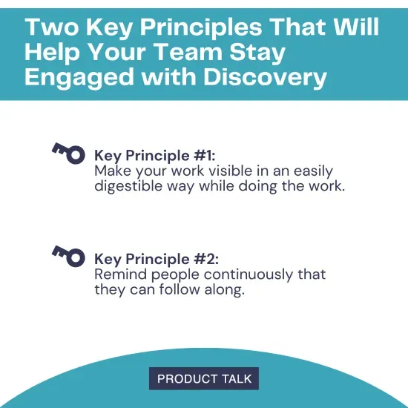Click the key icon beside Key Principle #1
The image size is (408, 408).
68,152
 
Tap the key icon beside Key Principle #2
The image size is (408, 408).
68,255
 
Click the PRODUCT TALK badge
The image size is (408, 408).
204,378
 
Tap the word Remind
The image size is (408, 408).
119,274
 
